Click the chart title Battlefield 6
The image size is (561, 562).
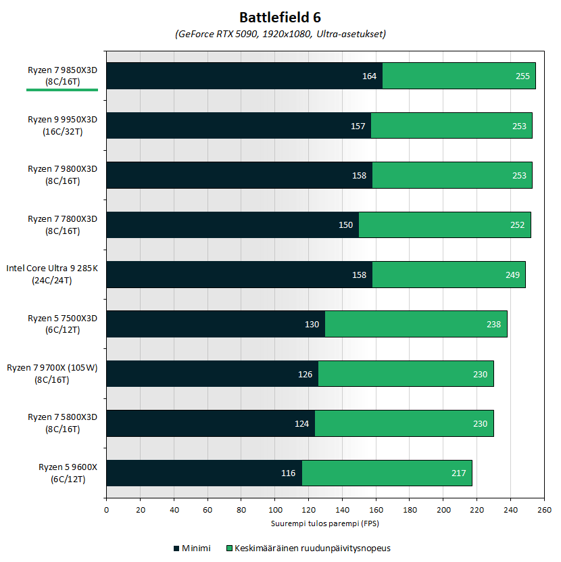[280, 17]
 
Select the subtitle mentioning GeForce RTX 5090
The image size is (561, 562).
[280, 34]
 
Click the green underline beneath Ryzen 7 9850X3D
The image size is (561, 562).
[62, 89]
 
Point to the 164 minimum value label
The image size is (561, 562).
[369, 76]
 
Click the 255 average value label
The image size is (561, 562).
[522, 76]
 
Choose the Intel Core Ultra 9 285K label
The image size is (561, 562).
[52, 274]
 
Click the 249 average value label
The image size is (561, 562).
[512, 275]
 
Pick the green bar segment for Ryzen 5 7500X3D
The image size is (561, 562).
[416, 324]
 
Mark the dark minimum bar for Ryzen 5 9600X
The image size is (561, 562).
[203, 473]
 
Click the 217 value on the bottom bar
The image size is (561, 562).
[458, 473]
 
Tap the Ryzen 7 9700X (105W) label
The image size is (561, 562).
[52, 373]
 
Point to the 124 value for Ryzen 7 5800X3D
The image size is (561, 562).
[301, 424]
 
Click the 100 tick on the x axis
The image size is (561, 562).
[275, 511]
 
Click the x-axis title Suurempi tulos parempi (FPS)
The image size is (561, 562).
[324, 523]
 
